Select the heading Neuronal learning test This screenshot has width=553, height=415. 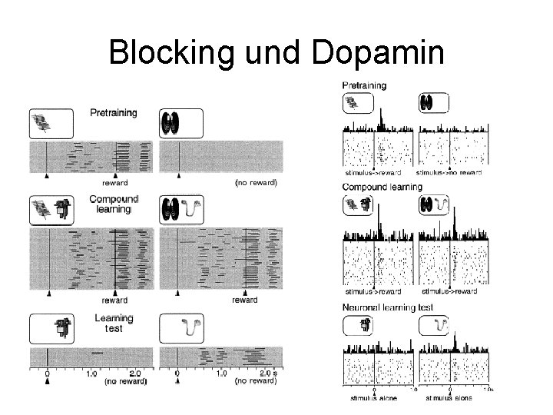[x=388, y=307]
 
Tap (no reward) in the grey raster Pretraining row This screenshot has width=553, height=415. [x=255, y=184]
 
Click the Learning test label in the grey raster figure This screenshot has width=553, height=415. [x=113, y=323]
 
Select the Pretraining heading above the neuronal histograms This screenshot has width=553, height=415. [x=365, y=85]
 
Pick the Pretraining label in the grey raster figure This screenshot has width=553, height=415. [x=114, y=113]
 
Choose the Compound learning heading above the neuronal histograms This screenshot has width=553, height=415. [x=382, y=187]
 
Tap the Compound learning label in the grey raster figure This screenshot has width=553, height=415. [x=114, y=204]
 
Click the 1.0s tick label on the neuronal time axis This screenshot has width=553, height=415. [x=488, y=390]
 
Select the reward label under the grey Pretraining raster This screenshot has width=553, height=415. [x=114, y=184]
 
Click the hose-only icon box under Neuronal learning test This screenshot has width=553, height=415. [x=435, y=327]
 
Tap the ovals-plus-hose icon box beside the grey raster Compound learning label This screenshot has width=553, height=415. [x=180, y=209]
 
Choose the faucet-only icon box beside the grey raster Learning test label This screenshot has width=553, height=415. [x=51, y=327]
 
